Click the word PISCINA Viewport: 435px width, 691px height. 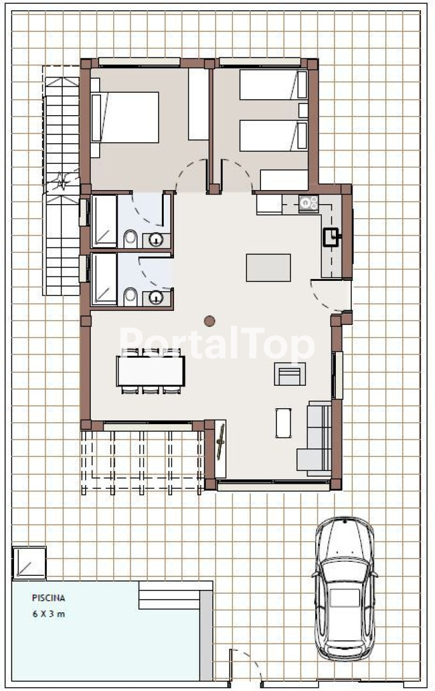point(49,598)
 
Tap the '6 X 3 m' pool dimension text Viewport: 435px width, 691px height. point(49,614)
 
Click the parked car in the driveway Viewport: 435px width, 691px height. point(345,589)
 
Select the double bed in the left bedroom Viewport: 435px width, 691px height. point(125,117)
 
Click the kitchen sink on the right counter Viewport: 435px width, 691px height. point(331,237)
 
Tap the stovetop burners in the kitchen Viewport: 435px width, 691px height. point(308,203)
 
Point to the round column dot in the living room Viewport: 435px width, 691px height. point(210,321)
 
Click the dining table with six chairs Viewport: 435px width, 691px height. point(150,370)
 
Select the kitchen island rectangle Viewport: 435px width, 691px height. point(269,267)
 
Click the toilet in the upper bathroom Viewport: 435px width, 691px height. point(130,239)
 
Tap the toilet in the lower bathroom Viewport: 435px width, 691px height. point(130,296)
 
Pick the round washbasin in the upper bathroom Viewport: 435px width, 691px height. point(156,240)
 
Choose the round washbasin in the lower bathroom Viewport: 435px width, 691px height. point(156,298)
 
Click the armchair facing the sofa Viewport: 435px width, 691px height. point(290,374)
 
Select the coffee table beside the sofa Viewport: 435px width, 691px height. point(283,423)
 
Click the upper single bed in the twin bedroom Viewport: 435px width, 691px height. point(273,84)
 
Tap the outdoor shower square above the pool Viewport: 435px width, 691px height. point(29,562)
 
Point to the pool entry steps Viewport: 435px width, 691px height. point(170,595)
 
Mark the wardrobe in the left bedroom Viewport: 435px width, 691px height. point(198,104)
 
